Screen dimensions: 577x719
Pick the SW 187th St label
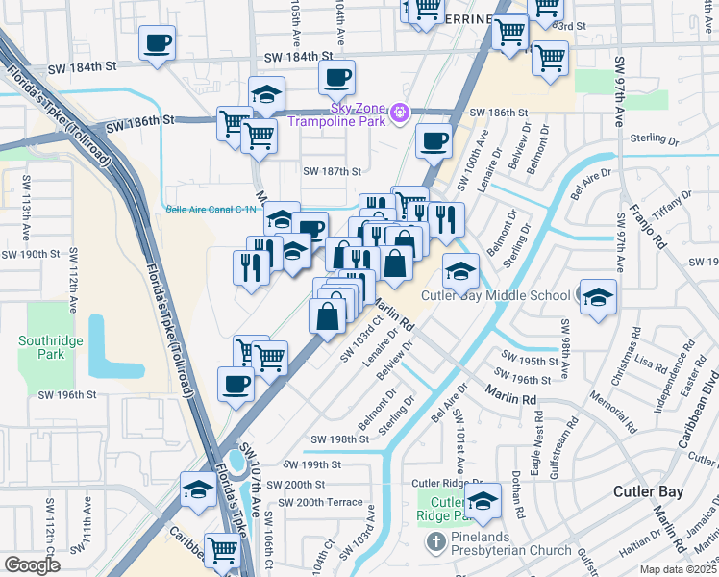(x=332, y=171)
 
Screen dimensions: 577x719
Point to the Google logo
(x=33, y=564)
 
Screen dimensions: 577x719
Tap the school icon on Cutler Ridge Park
(x=483, y=500)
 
